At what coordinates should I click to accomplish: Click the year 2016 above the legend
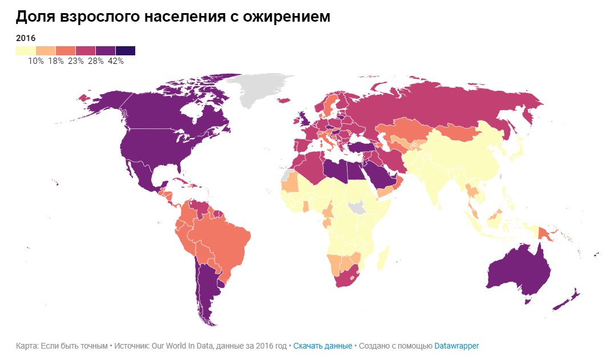[26, 38]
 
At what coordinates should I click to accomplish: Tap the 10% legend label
[35, 61]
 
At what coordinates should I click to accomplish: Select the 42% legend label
[115, 61]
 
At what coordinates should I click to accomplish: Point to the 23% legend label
[75, 61]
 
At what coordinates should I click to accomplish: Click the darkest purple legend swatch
[126, 51]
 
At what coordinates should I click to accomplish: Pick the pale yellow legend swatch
[26, 51]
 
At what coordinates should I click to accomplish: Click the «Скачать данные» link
[322, 346]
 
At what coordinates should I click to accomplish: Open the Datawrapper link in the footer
[457, 346]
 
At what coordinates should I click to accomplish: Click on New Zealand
[571, 299]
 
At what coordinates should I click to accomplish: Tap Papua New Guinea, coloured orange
[546, 232]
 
